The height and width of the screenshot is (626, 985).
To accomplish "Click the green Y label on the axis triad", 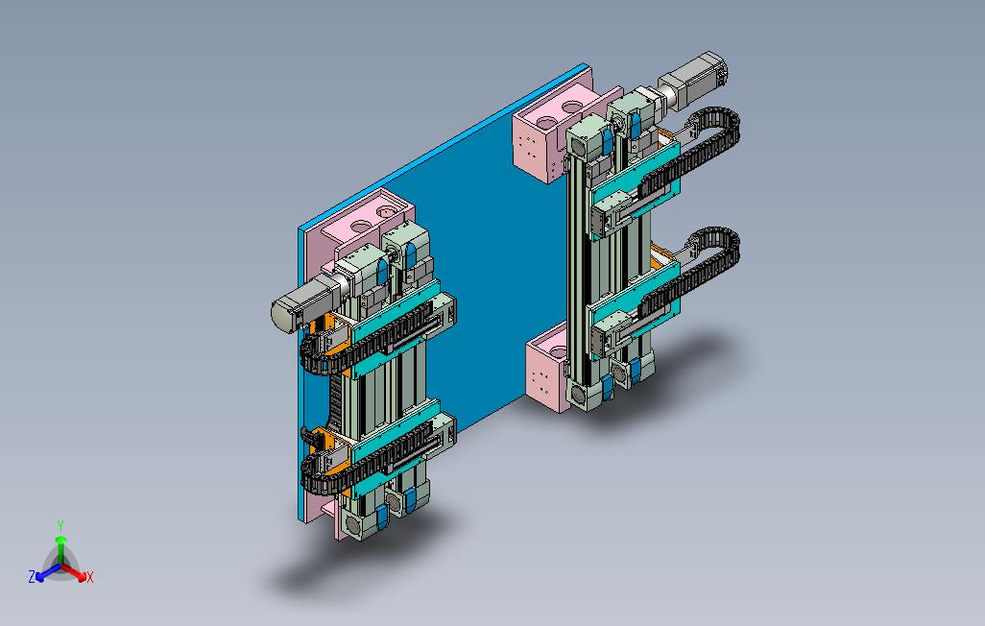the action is [60, 525].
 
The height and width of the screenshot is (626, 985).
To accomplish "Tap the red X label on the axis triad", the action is [90, 577].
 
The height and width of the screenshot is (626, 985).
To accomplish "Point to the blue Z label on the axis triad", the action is [32, 576].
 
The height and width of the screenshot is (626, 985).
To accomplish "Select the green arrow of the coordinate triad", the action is [60, 549].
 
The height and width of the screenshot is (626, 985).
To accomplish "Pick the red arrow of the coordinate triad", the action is [74, 572].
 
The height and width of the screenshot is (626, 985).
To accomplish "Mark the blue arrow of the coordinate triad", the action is [48, 572].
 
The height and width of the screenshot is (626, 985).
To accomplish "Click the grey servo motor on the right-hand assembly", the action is [693, 79].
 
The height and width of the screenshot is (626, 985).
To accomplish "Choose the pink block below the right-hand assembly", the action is [547, 369].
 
